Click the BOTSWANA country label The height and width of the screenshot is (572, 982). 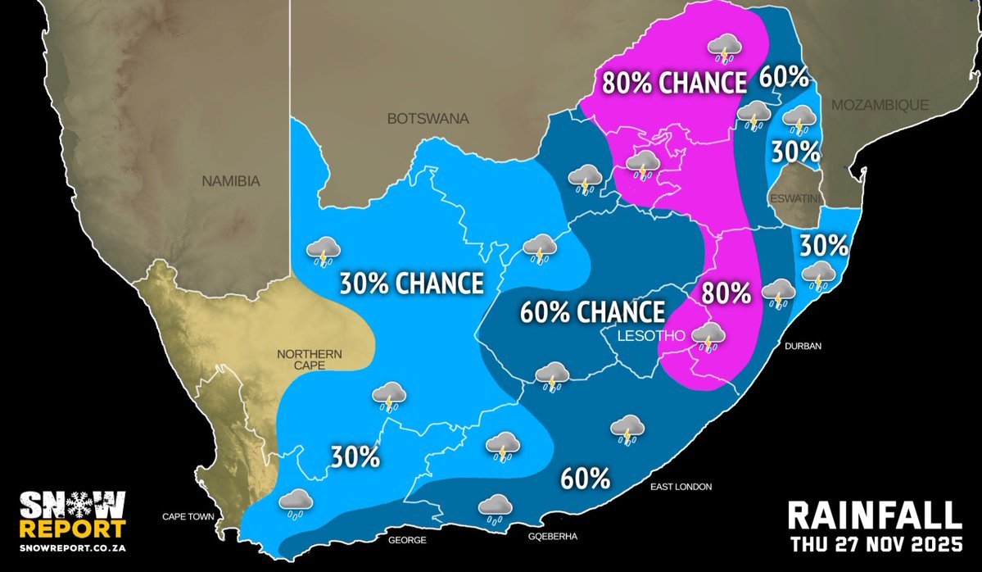pos(428,119)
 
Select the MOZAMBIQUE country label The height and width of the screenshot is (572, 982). pos(880,105)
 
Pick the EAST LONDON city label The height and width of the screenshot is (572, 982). pos(681,487)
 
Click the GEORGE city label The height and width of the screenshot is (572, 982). pos(407,540)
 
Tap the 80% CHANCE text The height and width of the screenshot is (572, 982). pos(674,83)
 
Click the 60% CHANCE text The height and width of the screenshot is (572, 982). pos(592,312)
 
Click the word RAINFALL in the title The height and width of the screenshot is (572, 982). pos(873,516)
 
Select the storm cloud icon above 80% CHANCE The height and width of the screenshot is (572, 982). pos(724,48)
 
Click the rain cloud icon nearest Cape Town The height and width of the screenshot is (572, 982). pos(295,503)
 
